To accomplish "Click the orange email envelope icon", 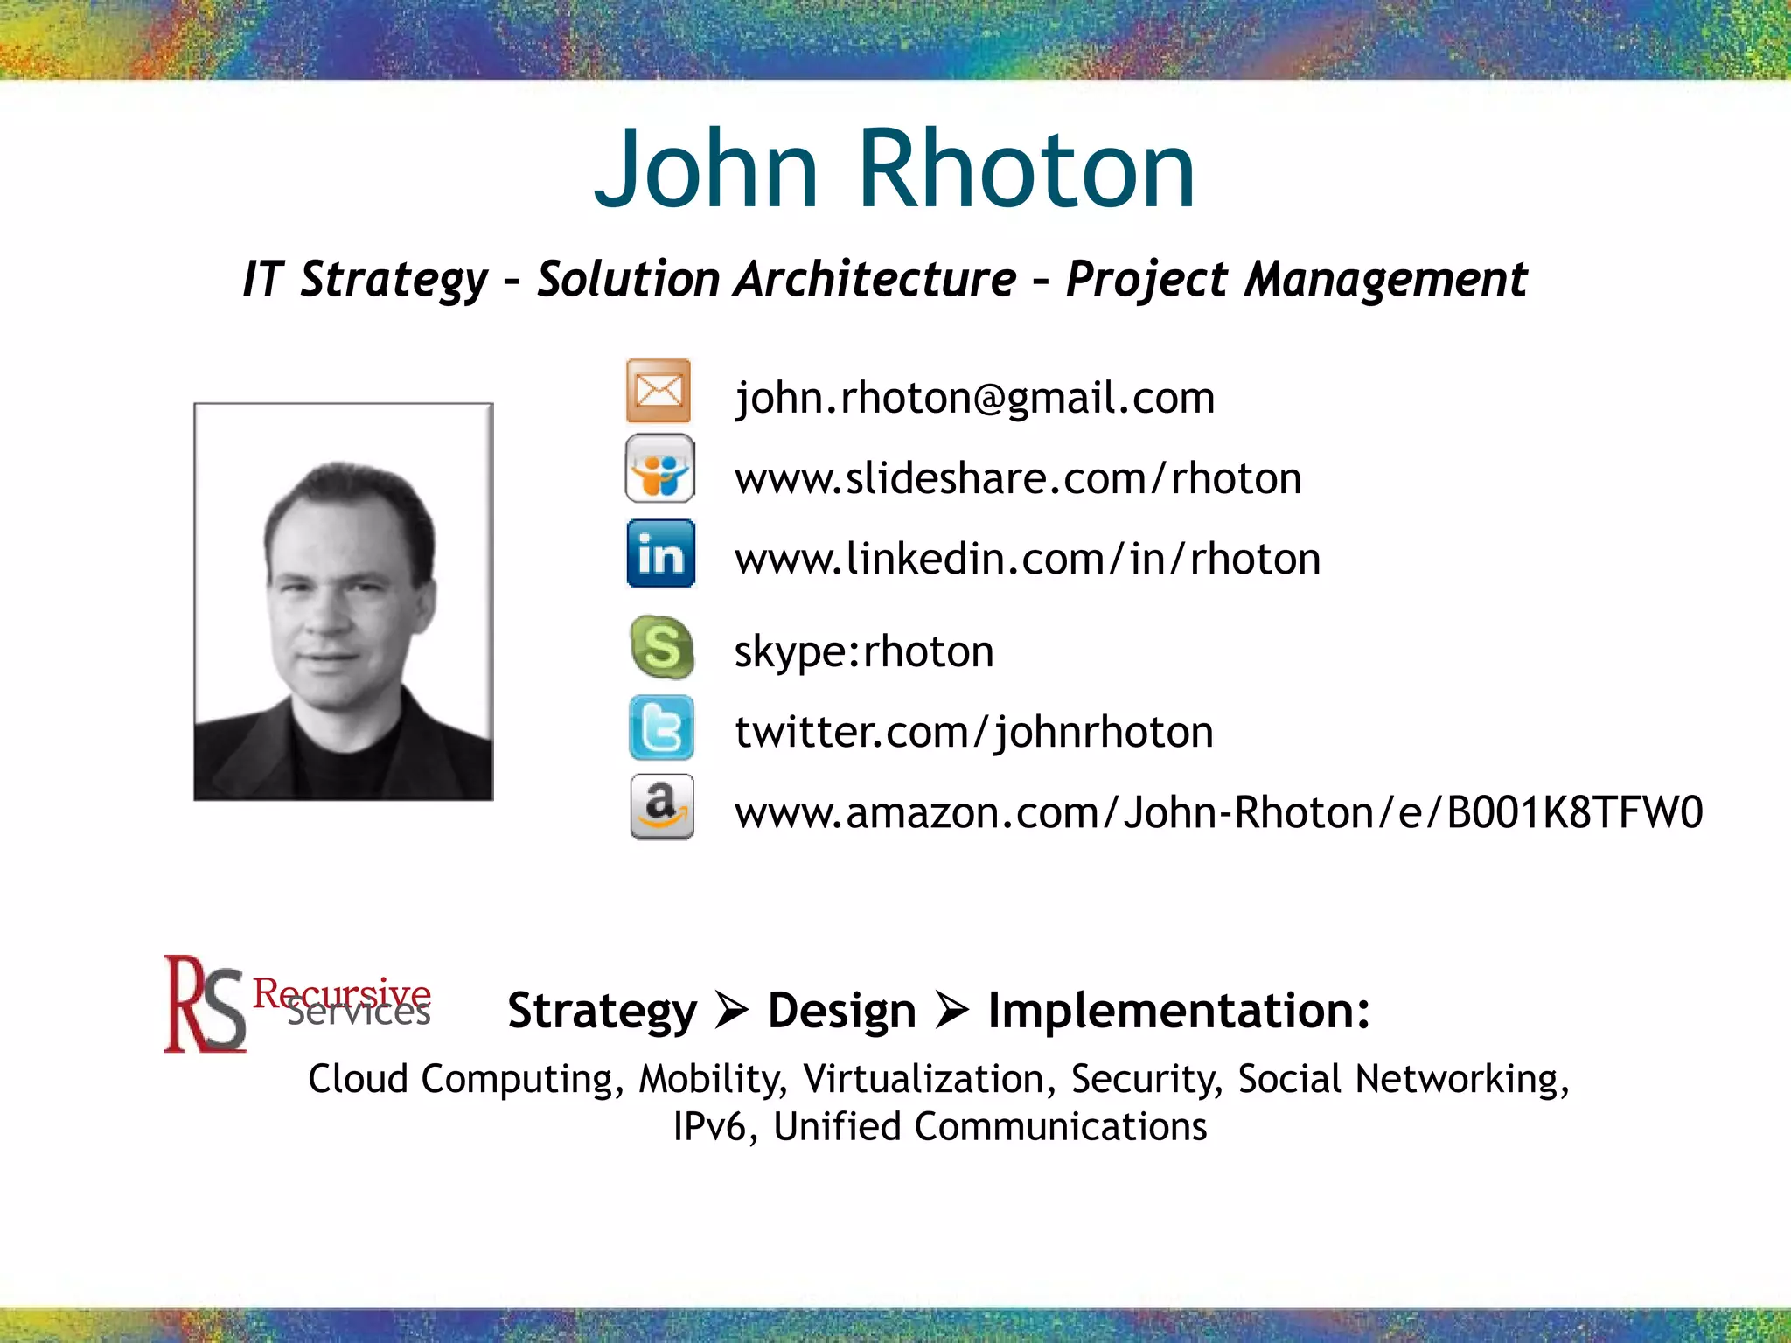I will (659, 391).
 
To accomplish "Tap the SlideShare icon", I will (660, 469).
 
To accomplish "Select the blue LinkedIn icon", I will (661, 553).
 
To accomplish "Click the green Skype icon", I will (662, 648).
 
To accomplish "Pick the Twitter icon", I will (662, 727).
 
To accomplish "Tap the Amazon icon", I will (662, 806).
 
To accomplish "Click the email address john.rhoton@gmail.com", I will (974, 399).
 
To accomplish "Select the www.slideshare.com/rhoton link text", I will (1018, 478).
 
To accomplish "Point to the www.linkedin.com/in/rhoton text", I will (1028, 559).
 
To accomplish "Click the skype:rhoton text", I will (864, 651).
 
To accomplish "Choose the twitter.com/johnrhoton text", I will (974, 732).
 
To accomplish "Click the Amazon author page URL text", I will (1218, 812).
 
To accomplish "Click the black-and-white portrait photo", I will (344, 602).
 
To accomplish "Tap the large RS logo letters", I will (205, 1005).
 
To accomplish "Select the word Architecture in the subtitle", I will (875, 280).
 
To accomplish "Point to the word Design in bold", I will (841, 1012).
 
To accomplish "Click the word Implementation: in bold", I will (1179, 1012).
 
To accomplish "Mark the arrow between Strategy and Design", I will (732, 1012).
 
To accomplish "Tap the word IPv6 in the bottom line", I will (709, 1127).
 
